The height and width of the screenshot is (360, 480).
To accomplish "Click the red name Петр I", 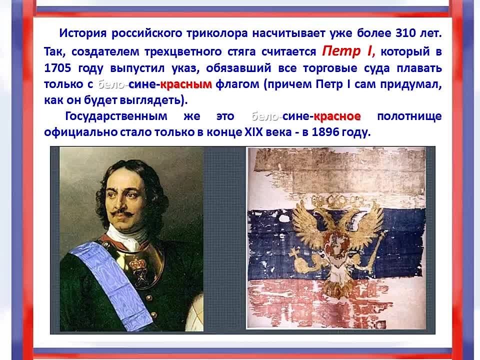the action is click(x=348, y=51).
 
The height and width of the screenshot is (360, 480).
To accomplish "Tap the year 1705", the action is click(x=57, y=68).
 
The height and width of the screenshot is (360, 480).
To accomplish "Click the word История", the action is click(x=83, y=33).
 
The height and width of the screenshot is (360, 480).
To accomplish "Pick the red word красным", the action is click(x=186, y=84).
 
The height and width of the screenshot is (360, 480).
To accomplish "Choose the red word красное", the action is click(x=337, y=116).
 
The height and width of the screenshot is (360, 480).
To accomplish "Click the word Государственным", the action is click(x=116, y=116).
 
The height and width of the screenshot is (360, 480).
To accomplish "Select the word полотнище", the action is click(x=409, y=116).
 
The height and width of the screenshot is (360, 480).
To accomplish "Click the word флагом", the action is click(x=237, y=84).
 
